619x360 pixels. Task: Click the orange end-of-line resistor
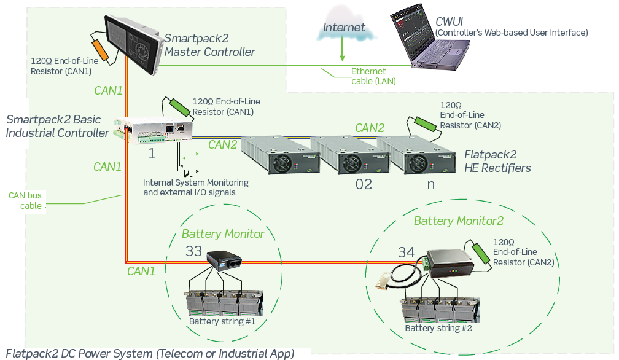[x=100, y=50]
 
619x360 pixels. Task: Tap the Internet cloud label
[x=344, y=27]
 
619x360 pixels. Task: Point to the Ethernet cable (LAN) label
[x=373, y=76]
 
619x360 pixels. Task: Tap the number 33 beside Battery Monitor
[x=193, y=251]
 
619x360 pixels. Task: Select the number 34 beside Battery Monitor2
[x=407, y=252]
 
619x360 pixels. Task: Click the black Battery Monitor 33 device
[x=224, y=260]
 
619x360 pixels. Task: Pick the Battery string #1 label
[x=222, y=321]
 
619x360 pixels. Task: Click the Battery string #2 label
[x=438, y=328]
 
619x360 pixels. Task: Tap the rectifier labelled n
[x=416, y=155]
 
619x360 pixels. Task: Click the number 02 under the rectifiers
[x=364, y=184]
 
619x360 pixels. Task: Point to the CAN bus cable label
[x=26, y=200]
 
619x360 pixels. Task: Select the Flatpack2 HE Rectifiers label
[x=497, y=161]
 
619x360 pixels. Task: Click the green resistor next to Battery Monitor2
[x=481, y=253]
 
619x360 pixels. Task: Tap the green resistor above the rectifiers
[x=426, y=124]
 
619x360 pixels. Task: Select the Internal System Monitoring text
[x=196, y=182]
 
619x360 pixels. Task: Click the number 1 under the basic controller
[x=152, y=154]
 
